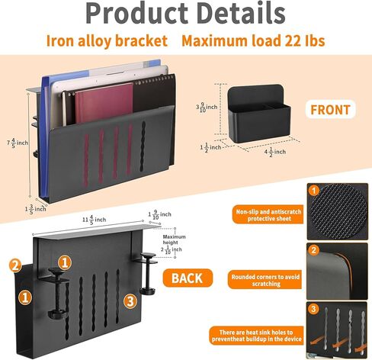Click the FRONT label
(x=330, y=110)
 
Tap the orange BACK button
(x=188, y=278)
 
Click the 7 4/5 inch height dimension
(x=18, y=143)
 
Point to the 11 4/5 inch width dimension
(x=94, y=219)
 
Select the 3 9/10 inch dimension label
(x=207, y=108)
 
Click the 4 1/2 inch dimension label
(x=274, y=152)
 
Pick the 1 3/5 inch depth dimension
(x=35, y=209)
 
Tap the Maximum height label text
(x=175, y=239)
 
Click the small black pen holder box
(x=259, y=113)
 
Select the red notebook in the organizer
(x=104, y=104)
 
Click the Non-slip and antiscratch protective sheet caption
(x=268, y=215)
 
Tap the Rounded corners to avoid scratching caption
(x=265, y=280)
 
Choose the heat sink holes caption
(x=256, y=336)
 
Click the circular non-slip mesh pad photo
(x=338, y=211)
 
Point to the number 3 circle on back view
(x=130, y=301)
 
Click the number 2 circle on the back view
(x=15, y=265)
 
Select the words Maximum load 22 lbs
(x=253, y=40)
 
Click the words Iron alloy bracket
(x=107, y=40)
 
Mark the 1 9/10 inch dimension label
(x=159, y=215)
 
